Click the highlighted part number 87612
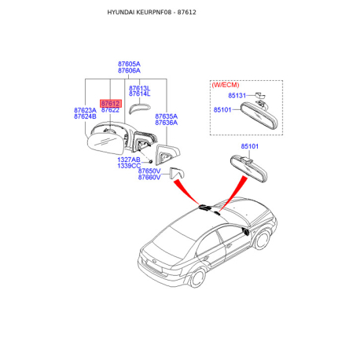point(111,104)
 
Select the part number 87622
point(110,110)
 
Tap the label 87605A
point(129,64)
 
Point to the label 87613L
point(139,88)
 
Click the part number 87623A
point(85,110)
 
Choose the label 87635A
point(166,116)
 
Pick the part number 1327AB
point(129,160)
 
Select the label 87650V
point(149,171)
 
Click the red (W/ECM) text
point(226,85)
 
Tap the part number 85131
point(237,95)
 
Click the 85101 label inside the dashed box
point(222,109)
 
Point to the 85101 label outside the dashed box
point(249,146)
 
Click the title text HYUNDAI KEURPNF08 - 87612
point(152,13)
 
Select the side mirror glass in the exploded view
point(105,144)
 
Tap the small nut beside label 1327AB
point(151,160)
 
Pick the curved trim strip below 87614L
point(138,108)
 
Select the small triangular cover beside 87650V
point(178,173)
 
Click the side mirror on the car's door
point(246,232)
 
